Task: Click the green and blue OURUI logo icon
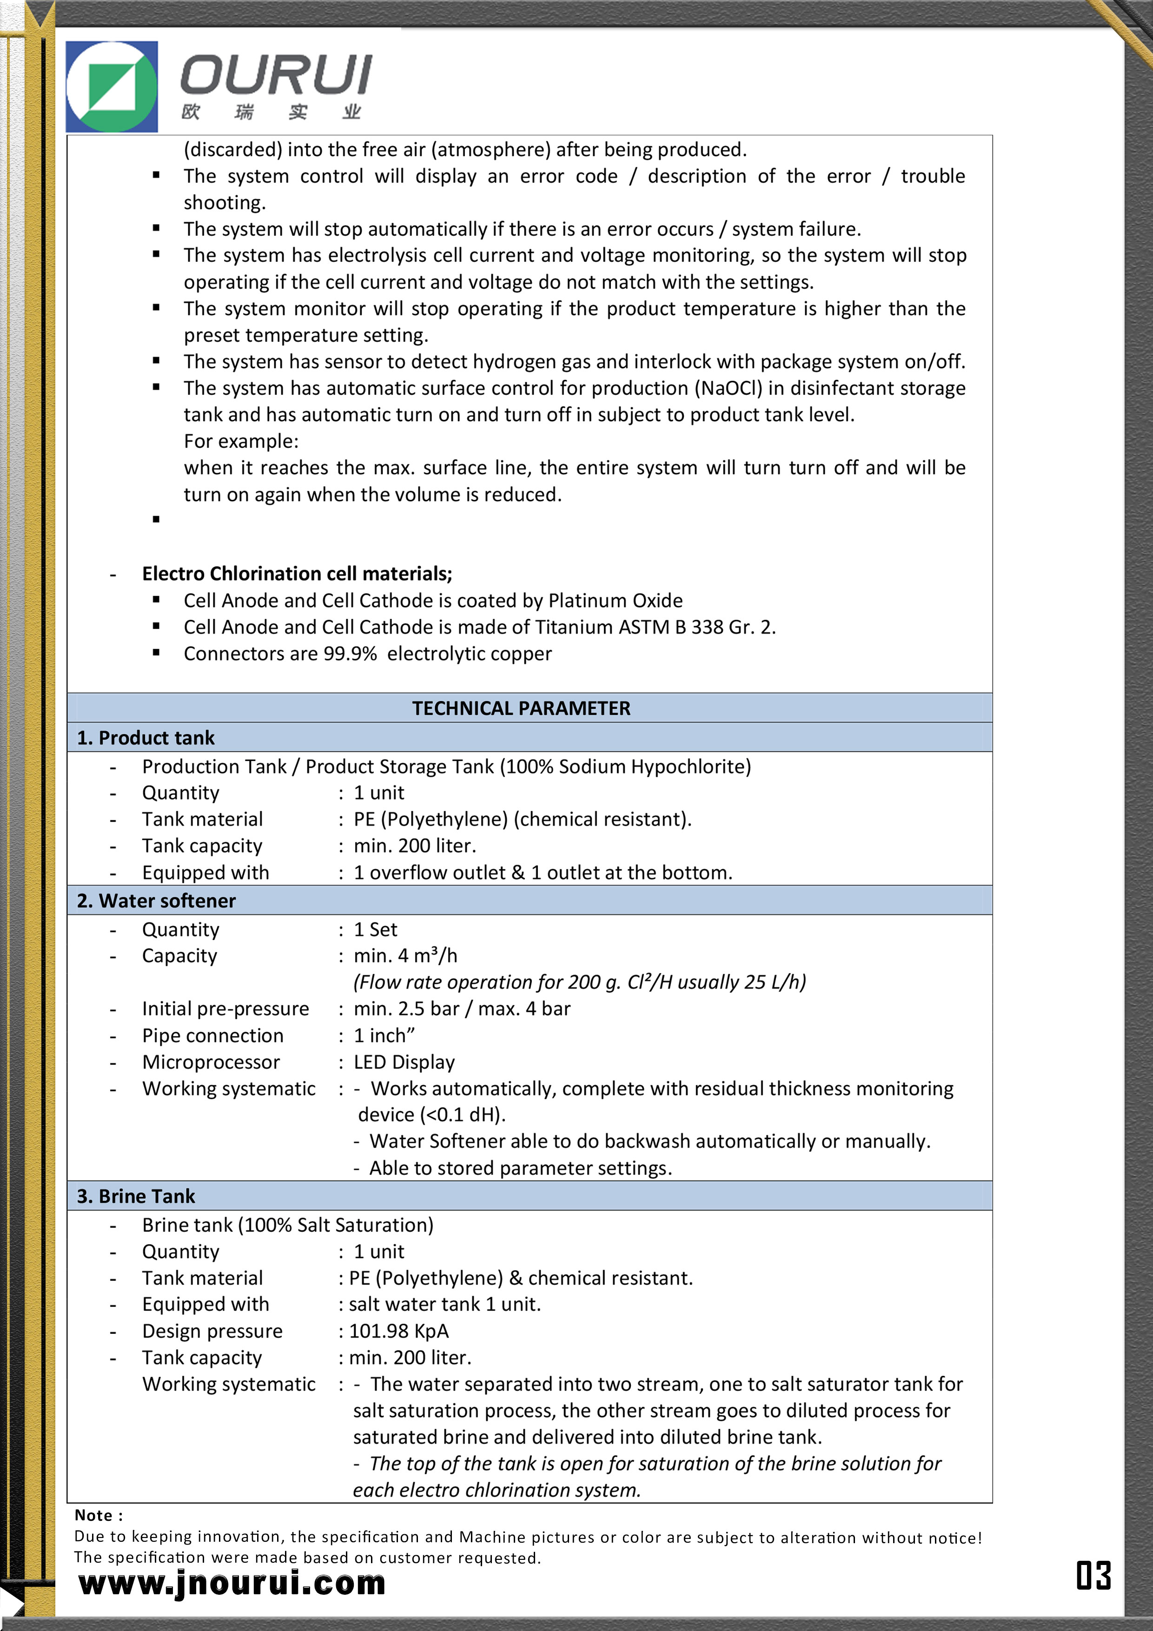point(112,86)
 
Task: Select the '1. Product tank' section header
point(146,737)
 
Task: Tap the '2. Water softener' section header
point(156,901)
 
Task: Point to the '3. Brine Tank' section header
point(136,1196)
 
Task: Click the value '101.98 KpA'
point(398,1331)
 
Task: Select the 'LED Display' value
point(404,1062)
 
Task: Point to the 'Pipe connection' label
point(212,1036)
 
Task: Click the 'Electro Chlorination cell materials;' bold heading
point(297,574)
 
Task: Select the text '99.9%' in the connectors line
point(350,654)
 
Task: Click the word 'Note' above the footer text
point(94,1516)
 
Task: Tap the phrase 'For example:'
point(241,441)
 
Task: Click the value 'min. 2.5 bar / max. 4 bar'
point(462,1009)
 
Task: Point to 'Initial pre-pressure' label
point(225,1009)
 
